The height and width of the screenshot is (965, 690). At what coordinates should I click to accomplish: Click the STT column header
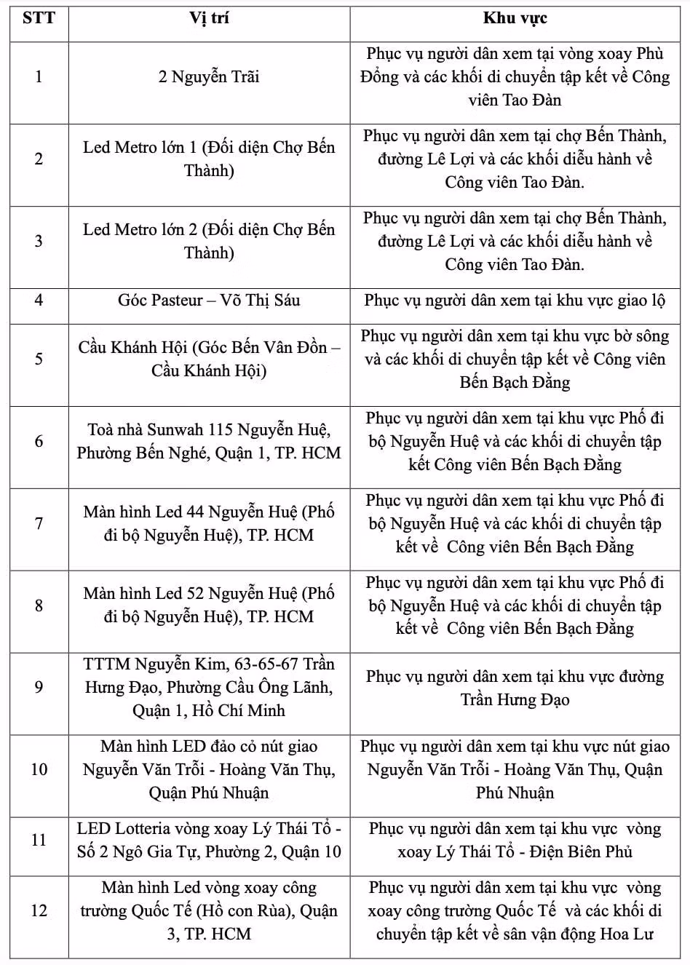pos(39,18)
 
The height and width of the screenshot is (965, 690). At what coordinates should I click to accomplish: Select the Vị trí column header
pos(209,18)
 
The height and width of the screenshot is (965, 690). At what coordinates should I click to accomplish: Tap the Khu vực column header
pos(515,18)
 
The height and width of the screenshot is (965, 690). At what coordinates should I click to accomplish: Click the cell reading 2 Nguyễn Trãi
pos(209,76)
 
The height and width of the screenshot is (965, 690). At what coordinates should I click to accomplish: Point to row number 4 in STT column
pos(39,300)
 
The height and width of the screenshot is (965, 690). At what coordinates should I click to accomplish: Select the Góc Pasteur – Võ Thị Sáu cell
pos(209,300)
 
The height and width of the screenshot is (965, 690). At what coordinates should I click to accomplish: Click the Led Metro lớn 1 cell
pos(209,159)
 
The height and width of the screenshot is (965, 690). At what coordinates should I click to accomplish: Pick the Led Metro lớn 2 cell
pos(209,241)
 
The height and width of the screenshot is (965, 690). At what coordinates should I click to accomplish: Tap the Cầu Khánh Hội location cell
pos(209,359)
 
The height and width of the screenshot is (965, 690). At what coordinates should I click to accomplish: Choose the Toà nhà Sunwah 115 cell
pos(209,441)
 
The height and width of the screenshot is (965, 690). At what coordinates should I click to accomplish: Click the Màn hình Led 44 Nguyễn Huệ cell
pos(209,523)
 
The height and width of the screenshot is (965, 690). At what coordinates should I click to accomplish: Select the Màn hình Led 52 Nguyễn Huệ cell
pos(209,605)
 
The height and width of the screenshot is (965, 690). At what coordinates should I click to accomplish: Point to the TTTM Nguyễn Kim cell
pos(209,687)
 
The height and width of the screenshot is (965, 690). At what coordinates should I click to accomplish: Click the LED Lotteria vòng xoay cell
pos(209,840)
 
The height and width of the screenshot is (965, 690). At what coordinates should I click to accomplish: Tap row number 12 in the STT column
pos(39,910)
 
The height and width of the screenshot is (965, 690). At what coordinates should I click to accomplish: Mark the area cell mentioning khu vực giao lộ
pos(515,300)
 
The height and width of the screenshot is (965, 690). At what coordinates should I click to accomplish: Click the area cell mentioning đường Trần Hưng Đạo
pos(515,688)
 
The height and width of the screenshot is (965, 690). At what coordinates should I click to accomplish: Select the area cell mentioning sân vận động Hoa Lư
pos(515,910)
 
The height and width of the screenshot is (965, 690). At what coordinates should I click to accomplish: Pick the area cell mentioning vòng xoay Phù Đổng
pos(515,76)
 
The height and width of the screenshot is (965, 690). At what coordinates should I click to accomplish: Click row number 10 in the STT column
pos(39,769)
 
